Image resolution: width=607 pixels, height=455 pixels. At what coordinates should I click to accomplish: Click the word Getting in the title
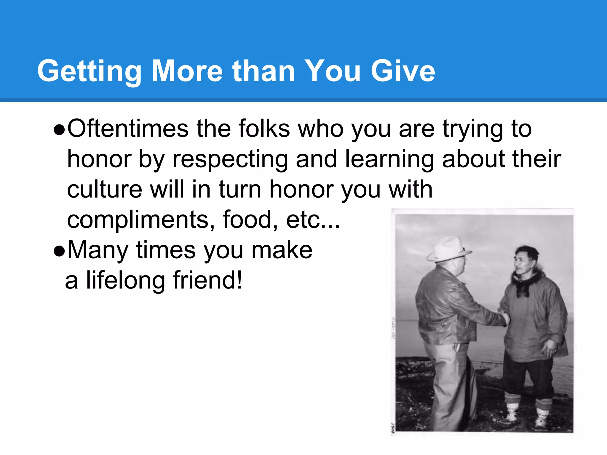point(89,71)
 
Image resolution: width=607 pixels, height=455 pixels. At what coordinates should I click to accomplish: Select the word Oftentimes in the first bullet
point(128,129)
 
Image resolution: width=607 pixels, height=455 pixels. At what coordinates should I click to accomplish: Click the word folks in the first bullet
point(264,129)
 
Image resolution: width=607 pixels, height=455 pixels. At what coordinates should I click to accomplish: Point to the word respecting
point(230,159)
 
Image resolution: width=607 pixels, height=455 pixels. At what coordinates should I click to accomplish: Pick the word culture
point(105,189)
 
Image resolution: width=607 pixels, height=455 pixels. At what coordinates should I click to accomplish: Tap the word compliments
point(138,220)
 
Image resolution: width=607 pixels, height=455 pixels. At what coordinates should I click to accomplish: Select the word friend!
point(208,280)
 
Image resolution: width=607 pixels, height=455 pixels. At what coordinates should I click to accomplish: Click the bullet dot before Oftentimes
point(59,130)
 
